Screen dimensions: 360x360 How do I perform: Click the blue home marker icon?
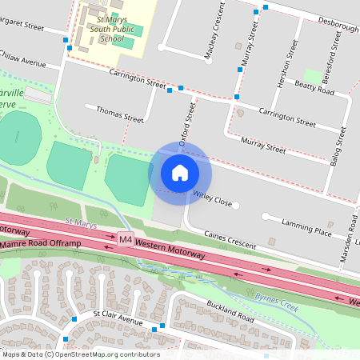tap(180, 172)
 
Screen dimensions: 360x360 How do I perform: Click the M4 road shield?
tap(126, 239)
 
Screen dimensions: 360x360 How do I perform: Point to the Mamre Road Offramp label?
tap(37, 241)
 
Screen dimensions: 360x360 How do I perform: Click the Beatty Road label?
tap(314, 87)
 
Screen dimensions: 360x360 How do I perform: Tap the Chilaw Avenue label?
tap(24, 60)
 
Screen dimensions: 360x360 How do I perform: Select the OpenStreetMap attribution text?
tap(80, 354)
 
